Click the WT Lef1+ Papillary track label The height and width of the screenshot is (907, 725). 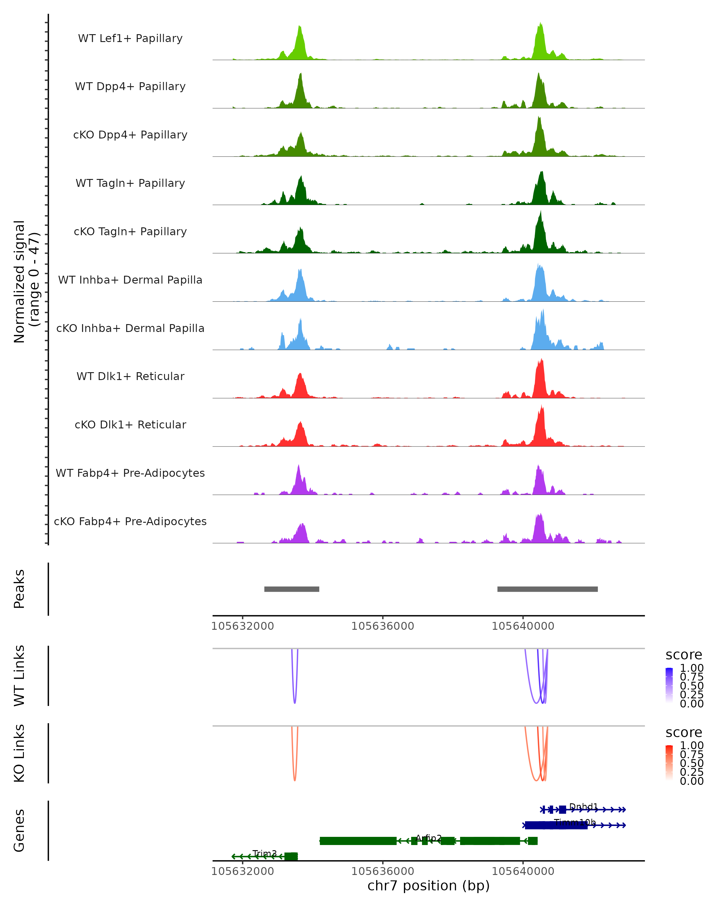(x=130, y=38)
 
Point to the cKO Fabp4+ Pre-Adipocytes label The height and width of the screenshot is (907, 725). (x=130, y=521)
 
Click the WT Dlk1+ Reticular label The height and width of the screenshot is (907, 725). (x=130, y=376)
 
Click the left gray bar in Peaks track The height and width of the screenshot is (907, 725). (x=292, y=589)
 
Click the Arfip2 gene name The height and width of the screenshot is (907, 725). (x=429, y=838)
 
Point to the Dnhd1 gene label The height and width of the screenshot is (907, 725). (x=583, y=806)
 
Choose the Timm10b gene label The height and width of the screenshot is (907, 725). (x=575, y=822)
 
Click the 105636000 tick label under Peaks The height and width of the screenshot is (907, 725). (x=382, y=626)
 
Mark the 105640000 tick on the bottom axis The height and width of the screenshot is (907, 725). (x=523, y=871)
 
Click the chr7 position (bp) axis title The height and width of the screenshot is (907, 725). (x=428, y=886)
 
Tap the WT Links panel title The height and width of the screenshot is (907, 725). (x=19, y=676)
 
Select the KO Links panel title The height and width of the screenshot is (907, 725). (x=19, y=753)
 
